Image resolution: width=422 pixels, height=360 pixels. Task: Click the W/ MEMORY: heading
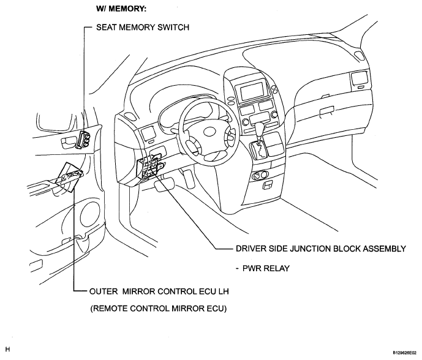click(x=121, y=9)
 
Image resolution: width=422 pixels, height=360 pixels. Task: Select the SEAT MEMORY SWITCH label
click(x=143, y=27)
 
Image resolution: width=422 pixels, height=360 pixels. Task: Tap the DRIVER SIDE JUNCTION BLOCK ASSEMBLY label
click(x=321, y=249)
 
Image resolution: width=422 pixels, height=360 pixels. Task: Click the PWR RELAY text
click(x=266, y=268)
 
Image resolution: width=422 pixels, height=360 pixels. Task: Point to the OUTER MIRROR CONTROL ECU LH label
click(x=159, y=291)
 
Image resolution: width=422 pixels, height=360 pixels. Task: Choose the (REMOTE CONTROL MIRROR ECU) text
click(x=158, y=309)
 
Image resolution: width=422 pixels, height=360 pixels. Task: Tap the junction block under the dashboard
click(x=150, y=168)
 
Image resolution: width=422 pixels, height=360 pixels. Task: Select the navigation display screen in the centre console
click(x=252, y=91)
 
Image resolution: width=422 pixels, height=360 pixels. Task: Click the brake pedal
click(x=164, y=186)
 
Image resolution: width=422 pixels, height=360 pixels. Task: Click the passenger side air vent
click(x=359, y=79)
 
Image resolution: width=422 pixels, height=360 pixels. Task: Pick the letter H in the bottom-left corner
click(x=7, y=349)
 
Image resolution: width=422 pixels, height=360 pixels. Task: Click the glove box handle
click(x=326, y=111)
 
